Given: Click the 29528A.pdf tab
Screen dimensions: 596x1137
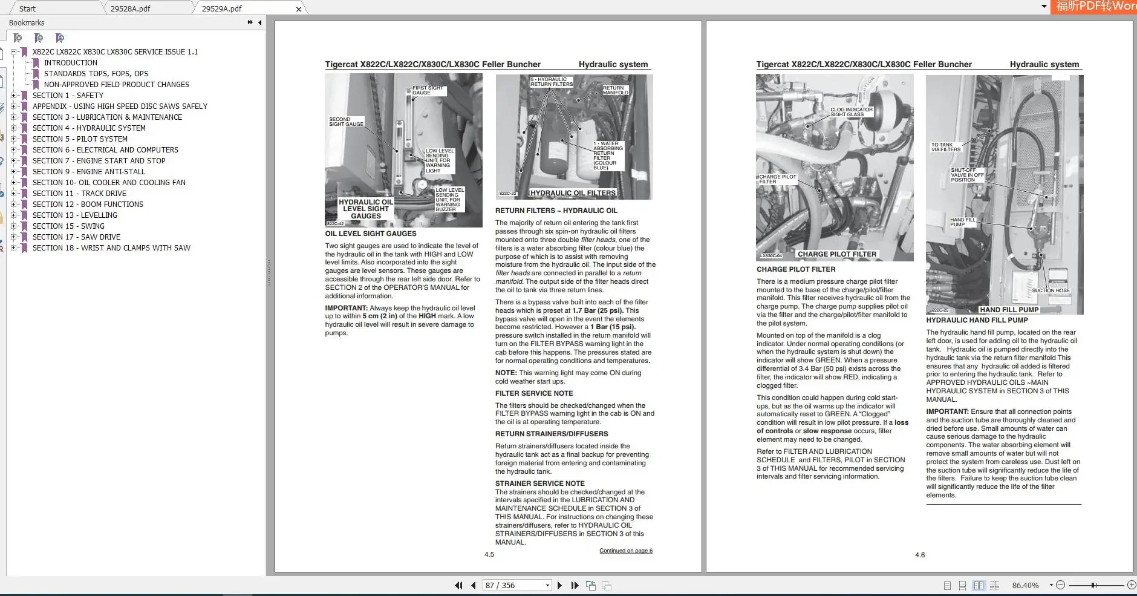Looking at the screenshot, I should click(131, 8).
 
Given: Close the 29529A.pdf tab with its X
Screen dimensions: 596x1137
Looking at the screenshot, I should click(298, 9).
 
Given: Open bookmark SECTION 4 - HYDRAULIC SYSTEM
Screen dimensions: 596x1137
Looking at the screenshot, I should click(89, 128).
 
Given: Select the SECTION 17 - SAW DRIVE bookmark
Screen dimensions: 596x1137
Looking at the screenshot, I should click(76, 237).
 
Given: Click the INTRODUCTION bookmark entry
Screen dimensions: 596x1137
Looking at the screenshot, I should click(70, 62).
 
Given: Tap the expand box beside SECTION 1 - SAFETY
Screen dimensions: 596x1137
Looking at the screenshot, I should click(14, 95).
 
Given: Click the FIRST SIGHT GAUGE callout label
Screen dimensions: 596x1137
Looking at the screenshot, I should click(428, 90).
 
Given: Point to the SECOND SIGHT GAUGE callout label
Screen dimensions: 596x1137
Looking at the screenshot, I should click(346, 122).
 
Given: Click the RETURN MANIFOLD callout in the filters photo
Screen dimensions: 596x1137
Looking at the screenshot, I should click(615, 90).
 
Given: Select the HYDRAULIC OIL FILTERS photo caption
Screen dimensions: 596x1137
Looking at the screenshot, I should click(572, 193).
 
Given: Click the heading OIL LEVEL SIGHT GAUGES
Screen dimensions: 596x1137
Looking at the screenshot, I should click(370, 234).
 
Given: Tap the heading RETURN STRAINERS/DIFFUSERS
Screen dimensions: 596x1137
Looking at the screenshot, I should click(551, 434).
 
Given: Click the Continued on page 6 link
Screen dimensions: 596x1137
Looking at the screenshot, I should click(625, 551).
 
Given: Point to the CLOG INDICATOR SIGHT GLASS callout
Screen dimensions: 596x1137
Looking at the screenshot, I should click(851, 112).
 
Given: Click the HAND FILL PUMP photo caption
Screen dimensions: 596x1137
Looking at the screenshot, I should click(1009, 310).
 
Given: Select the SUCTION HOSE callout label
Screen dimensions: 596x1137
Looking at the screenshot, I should click(1051, 290).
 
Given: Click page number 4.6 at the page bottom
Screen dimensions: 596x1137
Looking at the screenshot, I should click(919, 555).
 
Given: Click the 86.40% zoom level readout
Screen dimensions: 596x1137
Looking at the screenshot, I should click(1025, 585).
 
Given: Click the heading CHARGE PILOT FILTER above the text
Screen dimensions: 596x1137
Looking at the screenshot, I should click(795, 269).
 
